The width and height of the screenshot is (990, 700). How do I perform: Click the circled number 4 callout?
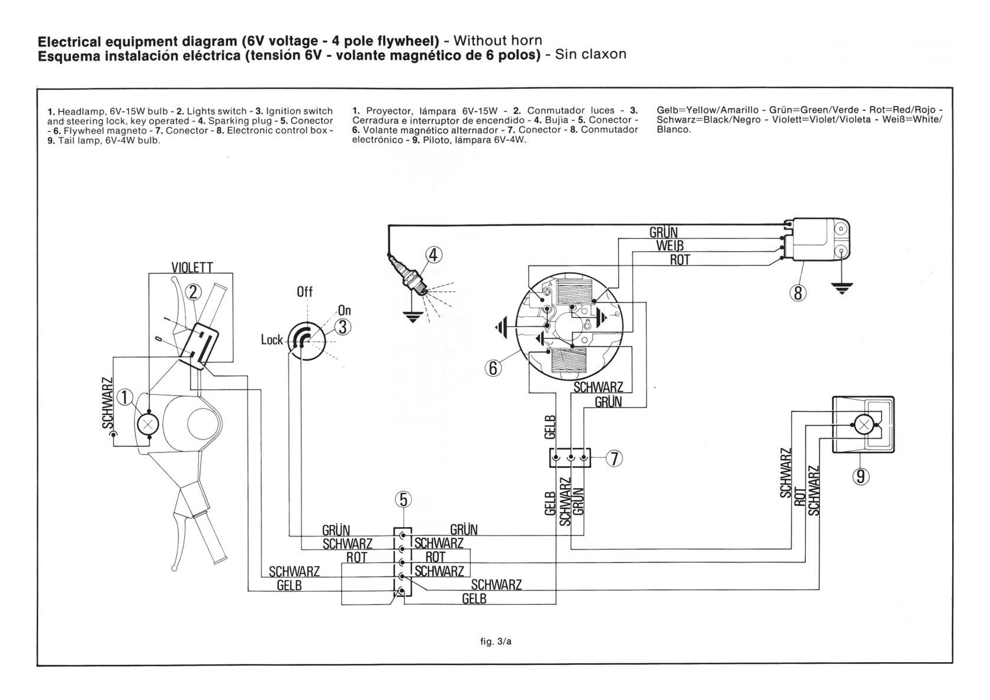[x=433, y=255]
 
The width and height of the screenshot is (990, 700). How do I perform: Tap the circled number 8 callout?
[x=798, y=293]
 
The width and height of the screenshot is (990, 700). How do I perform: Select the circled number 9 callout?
[x=860, y=476]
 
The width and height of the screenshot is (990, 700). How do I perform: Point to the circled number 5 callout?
[x=403, y=500]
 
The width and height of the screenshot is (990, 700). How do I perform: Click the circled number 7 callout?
[x=614, y=459]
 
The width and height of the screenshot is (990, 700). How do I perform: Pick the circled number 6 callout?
[x=493, y=368]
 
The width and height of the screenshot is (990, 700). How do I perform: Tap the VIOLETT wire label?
[x=192, y=267]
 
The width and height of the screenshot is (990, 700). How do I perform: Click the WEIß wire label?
[x=670, y=246]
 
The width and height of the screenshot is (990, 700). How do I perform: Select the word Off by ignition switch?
[x=304, y=291]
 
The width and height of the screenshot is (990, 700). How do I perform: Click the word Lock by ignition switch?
[x=272, y=339]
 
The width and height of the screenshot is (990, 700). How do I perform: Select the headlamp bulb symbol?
[x=149, y=425]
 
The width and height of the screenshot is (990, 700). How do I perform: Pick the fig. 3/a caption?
[x=496, y=641]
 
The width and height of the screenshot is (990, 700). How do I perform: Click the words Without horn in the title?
[x=497, y=41]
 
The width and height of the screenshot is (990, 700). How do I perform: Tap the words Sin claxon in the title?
[x=590, y=54]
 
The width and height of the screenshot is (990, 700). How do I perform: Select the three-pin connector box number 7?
[x=570, y=458]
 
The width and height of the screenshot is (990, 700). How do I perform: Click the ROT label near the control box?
[x=680, y=261]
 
